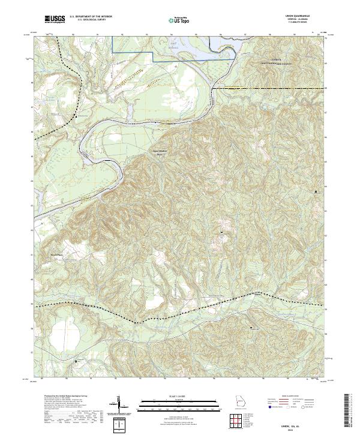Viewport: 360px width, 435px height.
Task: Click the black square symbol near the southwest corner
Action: pyautogui.click(x=76, y=361)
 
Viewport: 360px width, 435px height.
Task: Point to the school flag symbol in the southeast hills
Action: pyautogui.click(x=251, y=327)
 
